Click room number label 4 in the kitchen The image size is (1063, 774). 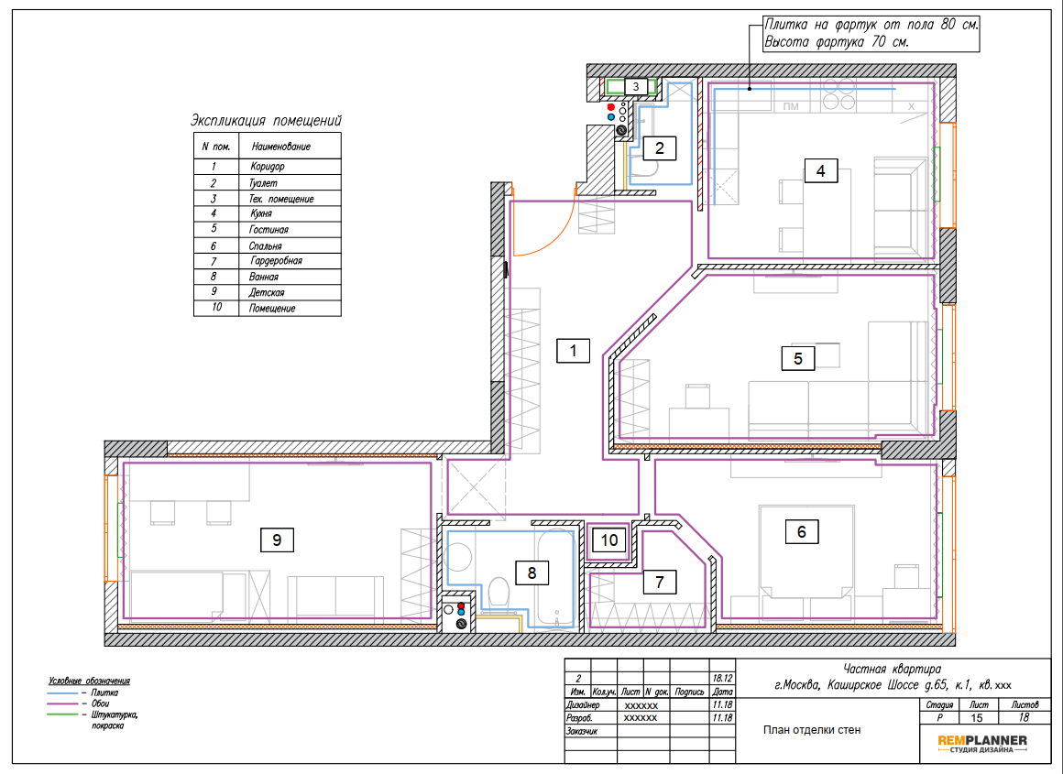coord(820,170)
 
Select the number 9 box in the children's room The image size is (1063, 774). coord(277,540)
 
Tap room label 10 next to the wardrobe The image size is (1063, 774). coord(608,540)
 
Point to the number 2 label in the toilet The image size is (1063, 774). coord(660,147)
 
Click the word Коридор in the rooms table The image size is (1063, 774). coord(267,167)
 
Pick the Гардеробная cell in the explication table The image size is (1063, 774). coord(276,261)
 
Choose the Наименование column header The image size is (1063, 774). coord(281,147)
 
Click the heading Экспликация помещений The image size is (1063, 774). coord(266,121)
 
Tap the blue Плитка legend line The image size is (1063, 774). coord(62,693)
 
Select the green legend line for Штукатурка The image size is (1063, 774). coord(62,714)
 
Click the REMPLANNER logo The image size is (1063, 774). coord(982,744)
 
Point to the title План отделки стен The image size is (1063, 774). coord(812,730)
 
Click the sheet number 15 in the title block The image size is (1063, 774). coord(976,718)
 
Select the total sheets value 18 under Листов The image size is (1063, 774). coord(1024,718)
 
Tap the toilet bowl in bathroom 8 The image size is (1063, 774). coord(499,593)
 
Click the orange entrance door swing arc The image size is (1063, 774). coord(549,234)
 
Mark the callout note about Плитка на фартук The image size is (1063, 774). coord(871,34)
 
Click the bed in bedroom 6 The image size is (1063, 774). coord(804,551)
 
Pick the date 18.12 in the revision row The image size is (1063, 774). coord(723,678)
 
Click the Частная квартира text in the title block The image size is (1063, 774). coord(893,670)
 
